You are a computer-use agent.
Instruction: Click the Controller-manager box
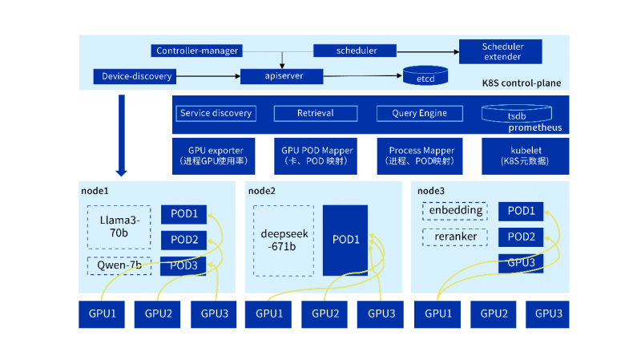pos(197,51)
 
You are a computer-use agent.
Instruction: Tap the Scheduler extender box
pos(502,51)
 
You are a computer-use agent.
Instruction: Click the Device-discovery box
pos(137,77)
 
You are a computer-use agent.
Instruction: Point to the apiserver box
pos(282,77)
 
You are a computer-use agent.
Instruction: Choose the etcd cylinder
pos(425,78)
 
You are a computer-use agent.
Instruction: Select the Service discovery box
pos(216,114)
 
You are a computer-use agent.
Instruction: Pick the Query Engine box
pos(420,114)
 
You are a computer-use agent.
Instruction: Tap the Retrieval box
pos(315,114)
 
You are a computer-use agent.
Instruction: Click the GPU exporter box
pos(216,156)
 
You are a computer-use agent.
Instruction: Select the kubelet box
pos(526,156)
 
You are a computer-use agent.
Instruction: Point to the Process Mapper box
pos(421,156)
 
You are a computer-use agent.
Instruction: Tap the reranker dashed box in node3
pos(454,238)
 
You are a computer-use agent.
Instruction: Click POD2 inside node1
pos(184,240)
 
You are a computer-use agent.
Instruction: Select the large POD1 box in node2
pos(345,240)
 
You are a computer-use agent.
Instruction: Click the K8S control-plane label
pos(521,83)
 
